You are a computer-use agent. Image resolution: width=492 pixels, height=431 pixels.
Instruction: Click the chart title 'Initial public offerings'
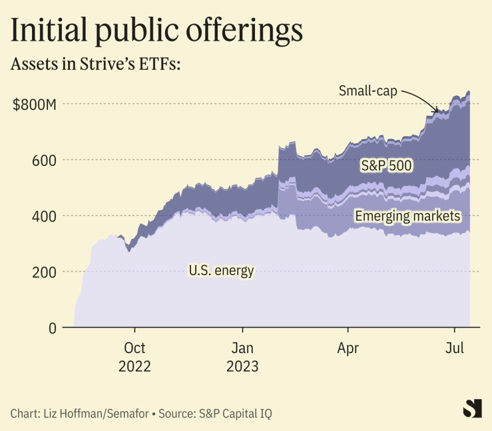click(157, 31)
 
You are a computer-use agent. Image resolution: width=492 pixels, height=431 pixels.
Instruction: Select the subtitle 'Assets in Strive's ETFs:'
click(97, 65)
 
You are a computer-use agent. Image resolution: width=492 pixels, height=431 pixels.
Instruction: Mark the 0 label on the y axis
click(51, 328)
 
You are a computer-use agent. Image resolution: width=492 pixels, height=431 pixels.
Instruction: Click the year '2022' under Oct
click(135, 366)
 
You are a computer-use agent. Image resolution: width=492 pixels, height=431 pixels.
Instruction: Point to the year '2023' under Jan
click(243, 366)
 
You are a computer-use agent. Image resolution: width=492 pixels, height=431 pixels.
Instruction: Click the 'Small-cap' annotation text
click(368, 91)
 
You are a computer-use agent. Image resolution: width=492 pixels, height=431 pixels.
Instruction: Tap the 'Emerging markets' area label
click(407, 216)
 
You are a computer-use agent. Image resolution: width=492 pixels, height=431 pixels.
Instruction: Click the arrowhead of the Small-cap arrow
click(437, 111)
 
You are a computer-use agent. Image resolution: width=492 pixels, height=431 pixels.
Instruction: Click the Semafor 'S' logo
click(472, 408)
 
